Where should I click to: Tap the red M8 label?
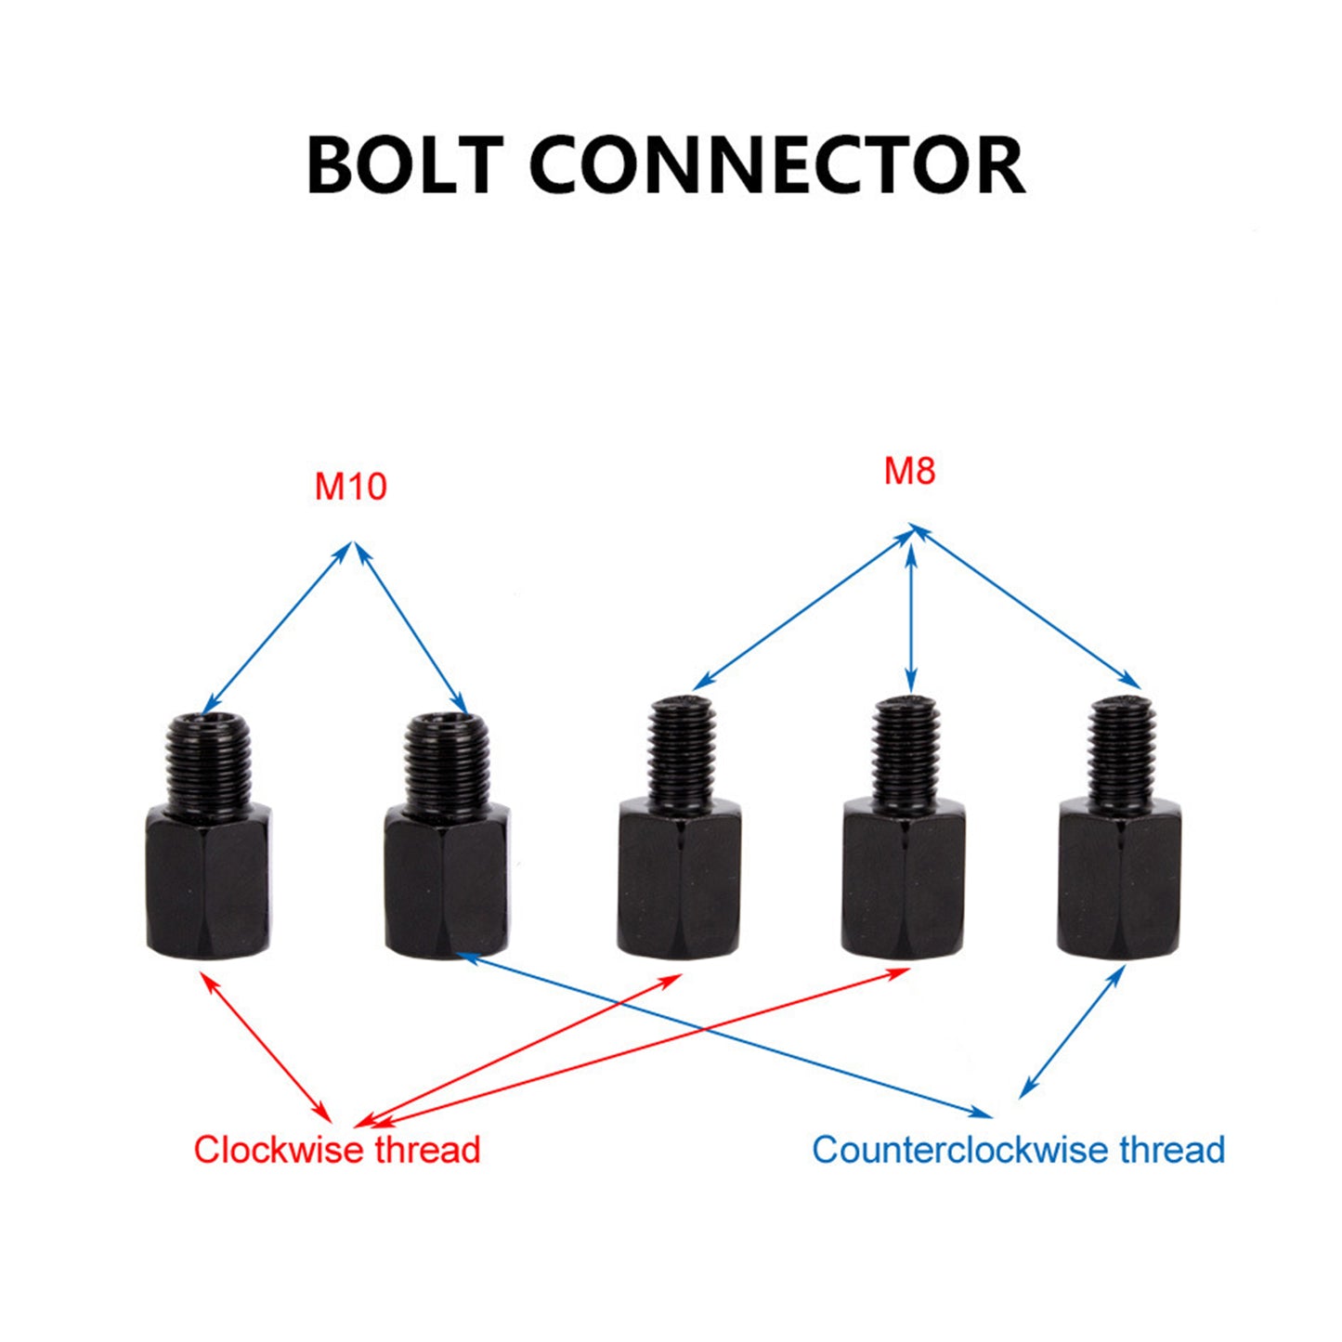(909, 472)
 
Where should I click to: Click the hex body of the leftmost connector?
(209, 881)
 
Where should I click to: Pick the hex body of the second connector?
(447, 881)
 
